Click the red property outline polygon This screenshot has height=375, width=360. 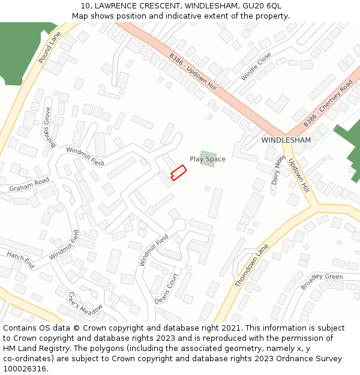[178, 172]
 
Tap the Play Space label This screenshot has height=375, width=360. [208, 159]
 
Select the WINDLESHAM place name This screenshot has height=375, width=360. [286, 140]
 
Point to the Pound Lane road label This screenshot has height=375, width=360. [50, 49]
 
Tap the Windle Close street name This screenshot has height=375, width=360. [256, 67]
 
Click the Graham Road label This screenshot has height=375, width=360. [29, 185]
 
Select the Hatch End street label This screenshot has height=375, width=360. [21, 260]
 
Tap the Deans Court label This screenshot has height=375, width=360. [166, 289]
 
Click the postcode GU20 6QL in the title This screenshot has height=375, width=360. [263, 6]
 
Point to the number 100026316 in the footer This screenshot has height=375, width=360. [25, 368]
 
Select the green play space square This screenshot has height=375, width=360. [208, 159]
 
